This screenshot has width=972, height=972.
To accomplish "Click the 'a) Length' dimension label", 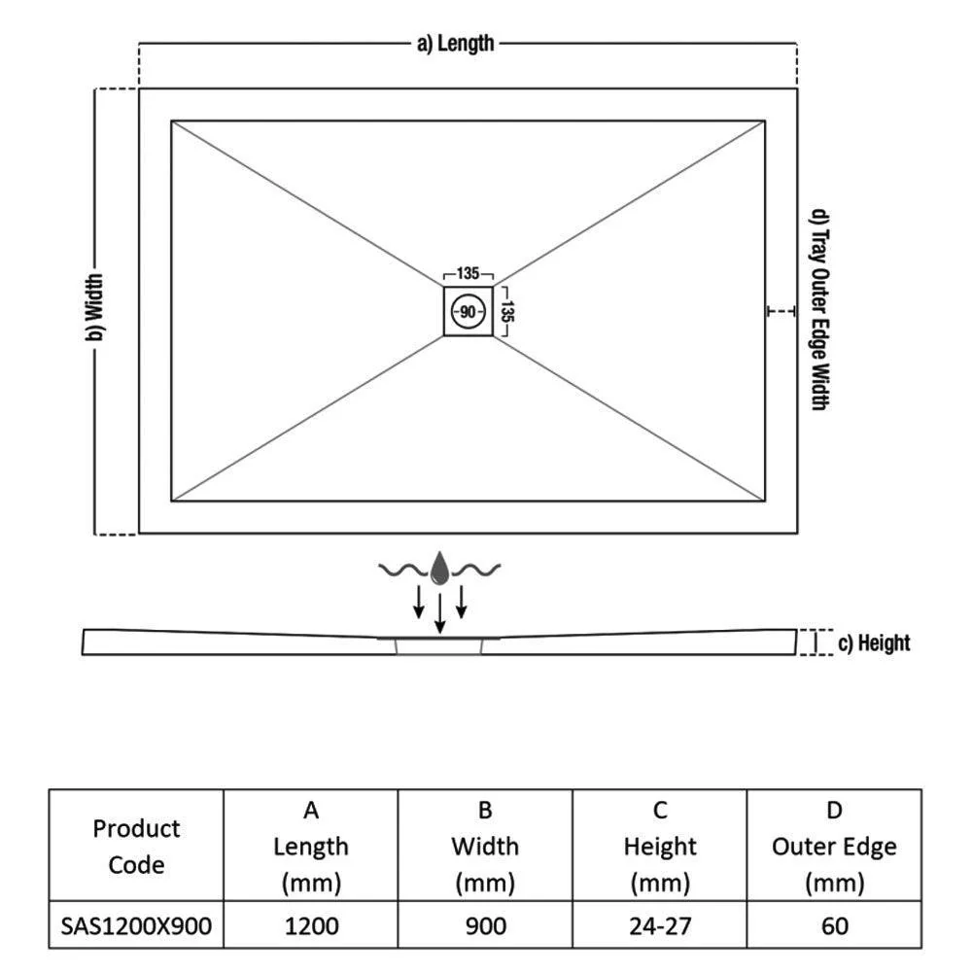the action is coord(456,44).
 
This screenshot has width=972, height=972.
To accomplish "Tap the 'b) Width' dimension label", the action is coord(94,307).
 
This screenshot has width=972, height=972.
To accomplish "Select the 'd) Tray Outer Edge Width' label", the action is coord(820,309).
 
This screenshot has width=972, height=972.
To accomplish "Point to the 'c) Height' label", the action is coord(874,642).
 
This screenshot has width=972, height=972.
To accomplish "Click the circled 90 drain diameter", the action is coord(469,311).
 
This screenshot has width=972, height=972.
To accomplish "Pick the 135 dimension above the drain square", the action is coord(469,273).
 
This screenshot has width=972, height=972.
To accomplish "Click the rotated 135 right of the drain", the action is coord(507,311).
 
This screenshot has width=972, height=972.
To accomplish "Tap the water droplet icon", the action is coord(439,568).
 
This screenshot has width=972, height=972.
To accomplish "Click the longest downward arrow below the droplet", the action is coord(439,613).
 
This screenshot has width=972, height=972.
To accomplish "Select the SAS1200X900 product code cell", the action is coord(136,925).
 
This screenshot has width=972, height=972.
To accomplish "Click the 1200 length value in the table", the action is coord(311,925).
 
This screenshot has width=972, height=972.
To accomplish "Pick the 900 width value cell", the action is coord(485,925).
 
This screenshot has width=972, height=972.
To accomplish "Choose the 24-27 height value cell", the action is coord(660,925).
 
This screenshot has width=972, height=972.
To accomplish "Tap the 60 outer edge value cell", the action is coord(834,925).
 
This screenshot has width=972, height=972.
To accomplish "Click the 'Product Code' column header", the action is coord(136,847).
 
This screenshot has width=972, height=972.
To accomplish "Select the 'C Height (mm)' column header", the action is coord(660,847).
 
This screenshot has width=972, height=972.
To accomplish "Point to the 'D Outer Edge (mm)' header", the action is coord(834,847).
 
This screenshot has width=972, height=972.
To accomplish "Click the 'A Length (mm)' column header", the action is coord(311,847).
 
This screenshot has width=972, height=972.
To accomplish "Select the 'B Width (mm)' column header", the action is coord(485,847).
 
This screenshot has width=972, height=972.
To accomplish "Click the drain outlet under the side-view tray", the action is coord(439,646).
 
